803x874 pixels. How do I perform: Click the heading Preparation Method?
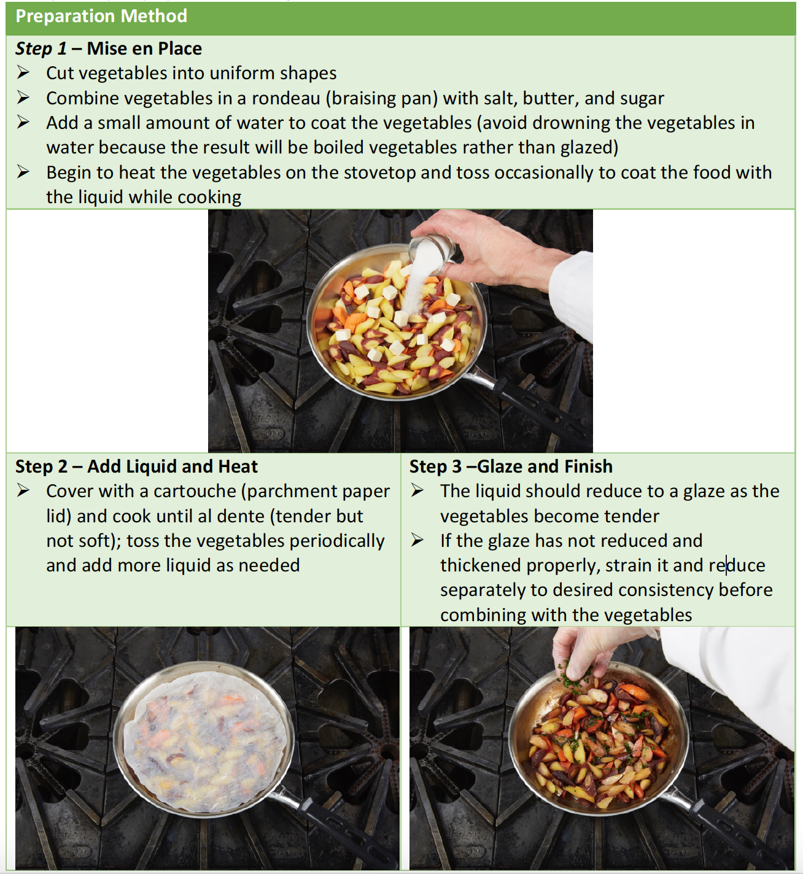(101, 16)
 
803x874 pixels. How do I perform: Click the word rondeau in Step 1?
(285, 98)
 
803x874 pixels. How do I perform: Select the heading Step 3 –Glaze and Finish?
(511, 466)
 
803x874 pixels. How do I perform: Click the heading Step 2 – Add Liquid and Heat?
(136, 466)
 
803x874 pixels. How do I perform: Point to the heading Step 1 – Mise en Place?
(109, 48)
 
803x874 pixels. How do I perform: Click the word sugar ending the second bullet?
(642, 98)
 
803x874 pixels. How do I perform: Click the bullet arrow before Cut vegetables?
(23, 73)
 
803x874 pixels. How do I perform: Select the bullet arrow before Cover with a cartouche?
(23, 491)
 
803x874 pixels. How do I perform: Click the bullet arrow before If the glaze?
(417, 541)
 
